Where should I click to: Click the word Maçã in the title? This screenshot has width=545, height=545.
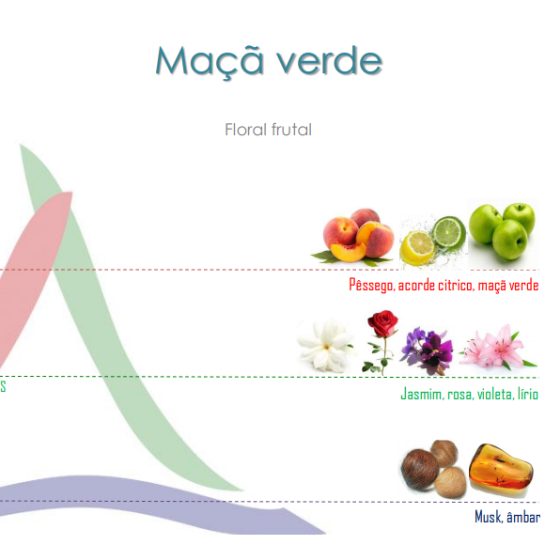[210, 61]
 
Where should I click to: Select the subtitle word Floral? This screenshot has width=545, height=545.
[245, 130]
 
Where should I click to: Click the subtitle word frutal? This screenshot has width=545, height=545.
[291, 130]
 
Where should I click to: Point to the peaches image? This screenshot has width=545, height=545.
[352, 238]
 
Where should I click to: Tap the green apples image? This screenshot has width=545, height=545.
[502, 231]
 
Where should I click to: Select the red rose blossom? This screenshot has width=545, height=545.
[382, 324]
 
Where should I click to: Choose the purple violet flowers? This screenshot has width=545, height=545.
[428, 350]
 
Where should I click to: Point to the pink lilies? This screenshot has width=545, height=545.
[497, 348]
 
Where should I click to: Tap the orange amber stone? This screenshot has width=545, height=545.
[501, 467]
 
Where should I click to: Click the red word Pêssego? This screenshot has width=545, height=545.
[372, 286]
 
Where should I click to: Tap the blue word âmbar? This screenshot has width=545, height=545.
[523, 517]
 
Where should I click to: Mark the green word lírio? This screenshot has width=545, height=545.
[528, 394]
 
